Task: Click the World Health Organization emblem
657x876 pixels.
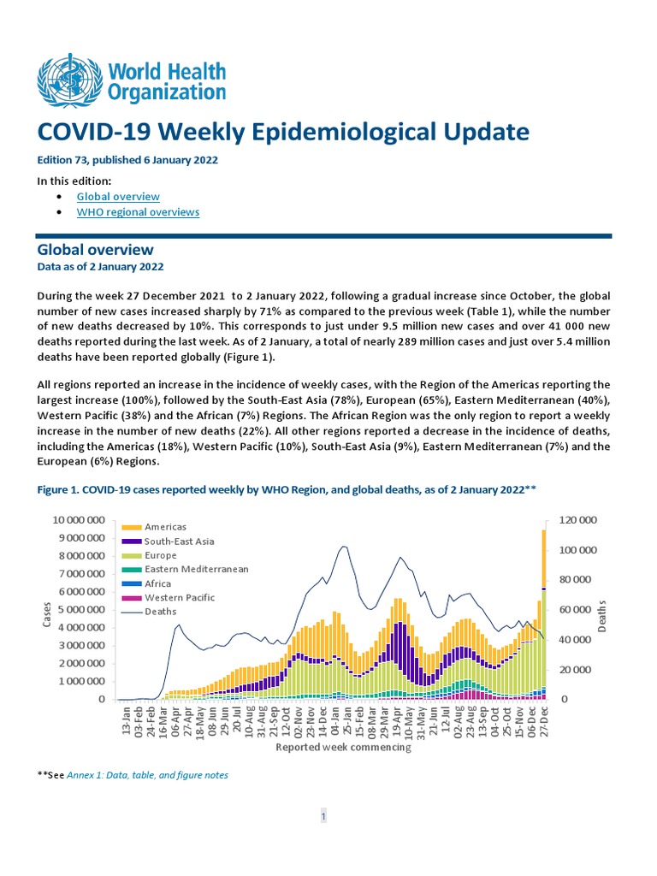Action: (x=64, y=80)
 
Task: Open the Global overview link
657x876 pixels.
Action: (x=118, y=197)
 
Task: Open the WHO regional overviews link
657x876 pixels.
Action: (x=138, y=212)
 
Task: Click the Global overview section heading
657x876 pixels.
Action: (x=95, y=250)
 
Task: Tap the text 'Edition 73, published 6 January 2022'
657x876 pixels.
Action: (x=127, y=160)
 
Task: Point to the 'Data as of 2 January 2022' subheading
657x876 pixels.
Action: (x=100, y=267)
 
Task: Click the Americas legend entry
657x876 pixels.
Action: (x=165, y=527)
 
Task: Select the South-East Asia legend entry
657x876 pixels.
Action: (x=179, y=542)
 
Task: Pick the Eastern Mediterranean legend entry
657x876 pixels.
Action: (x=196, y=570)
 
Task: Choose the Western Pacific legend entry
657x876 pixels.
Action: (x=179, y=598)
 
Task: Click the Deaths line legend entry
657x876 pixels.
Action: (x=161, y=612)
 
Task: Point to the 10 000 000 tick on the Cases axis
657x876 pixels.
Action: (x=79, y=520)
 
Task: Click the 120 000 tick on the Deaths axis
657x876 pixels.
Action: (x=577, y=520)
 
